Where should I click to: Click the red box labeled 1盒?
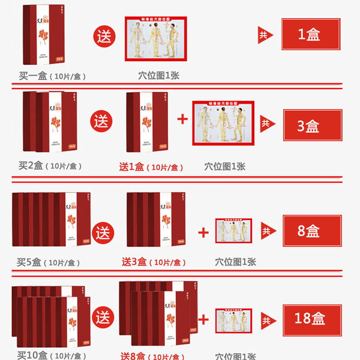click(310, 34)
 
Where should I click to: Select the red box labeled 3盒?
click(312, 125)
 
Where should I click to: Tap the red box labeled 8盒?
click(312, 231)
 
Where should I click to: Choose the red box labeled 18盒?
click(312, 319)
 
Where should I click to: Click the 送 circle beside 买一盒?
click(104, 36)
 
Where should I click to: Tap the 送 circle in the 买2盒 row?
click(101, 122)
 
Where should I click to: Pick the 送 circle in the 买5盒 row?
click(103, 233)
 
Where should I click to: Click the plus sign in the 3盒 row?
click(182, 120)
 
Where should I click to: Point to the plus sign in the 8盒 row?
click(203, 232)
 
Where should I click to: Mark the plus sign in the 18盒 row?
click(203, 320)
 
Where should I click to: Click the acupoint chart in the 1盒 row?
click(155, 39)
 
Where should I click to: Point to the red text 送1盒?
click(131, 167)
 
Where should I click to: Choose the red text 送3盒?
click(134, 262)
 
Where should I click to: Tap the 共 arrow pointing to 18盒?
click(267, 320)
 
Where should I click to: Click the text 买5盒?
click(29, 262)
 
